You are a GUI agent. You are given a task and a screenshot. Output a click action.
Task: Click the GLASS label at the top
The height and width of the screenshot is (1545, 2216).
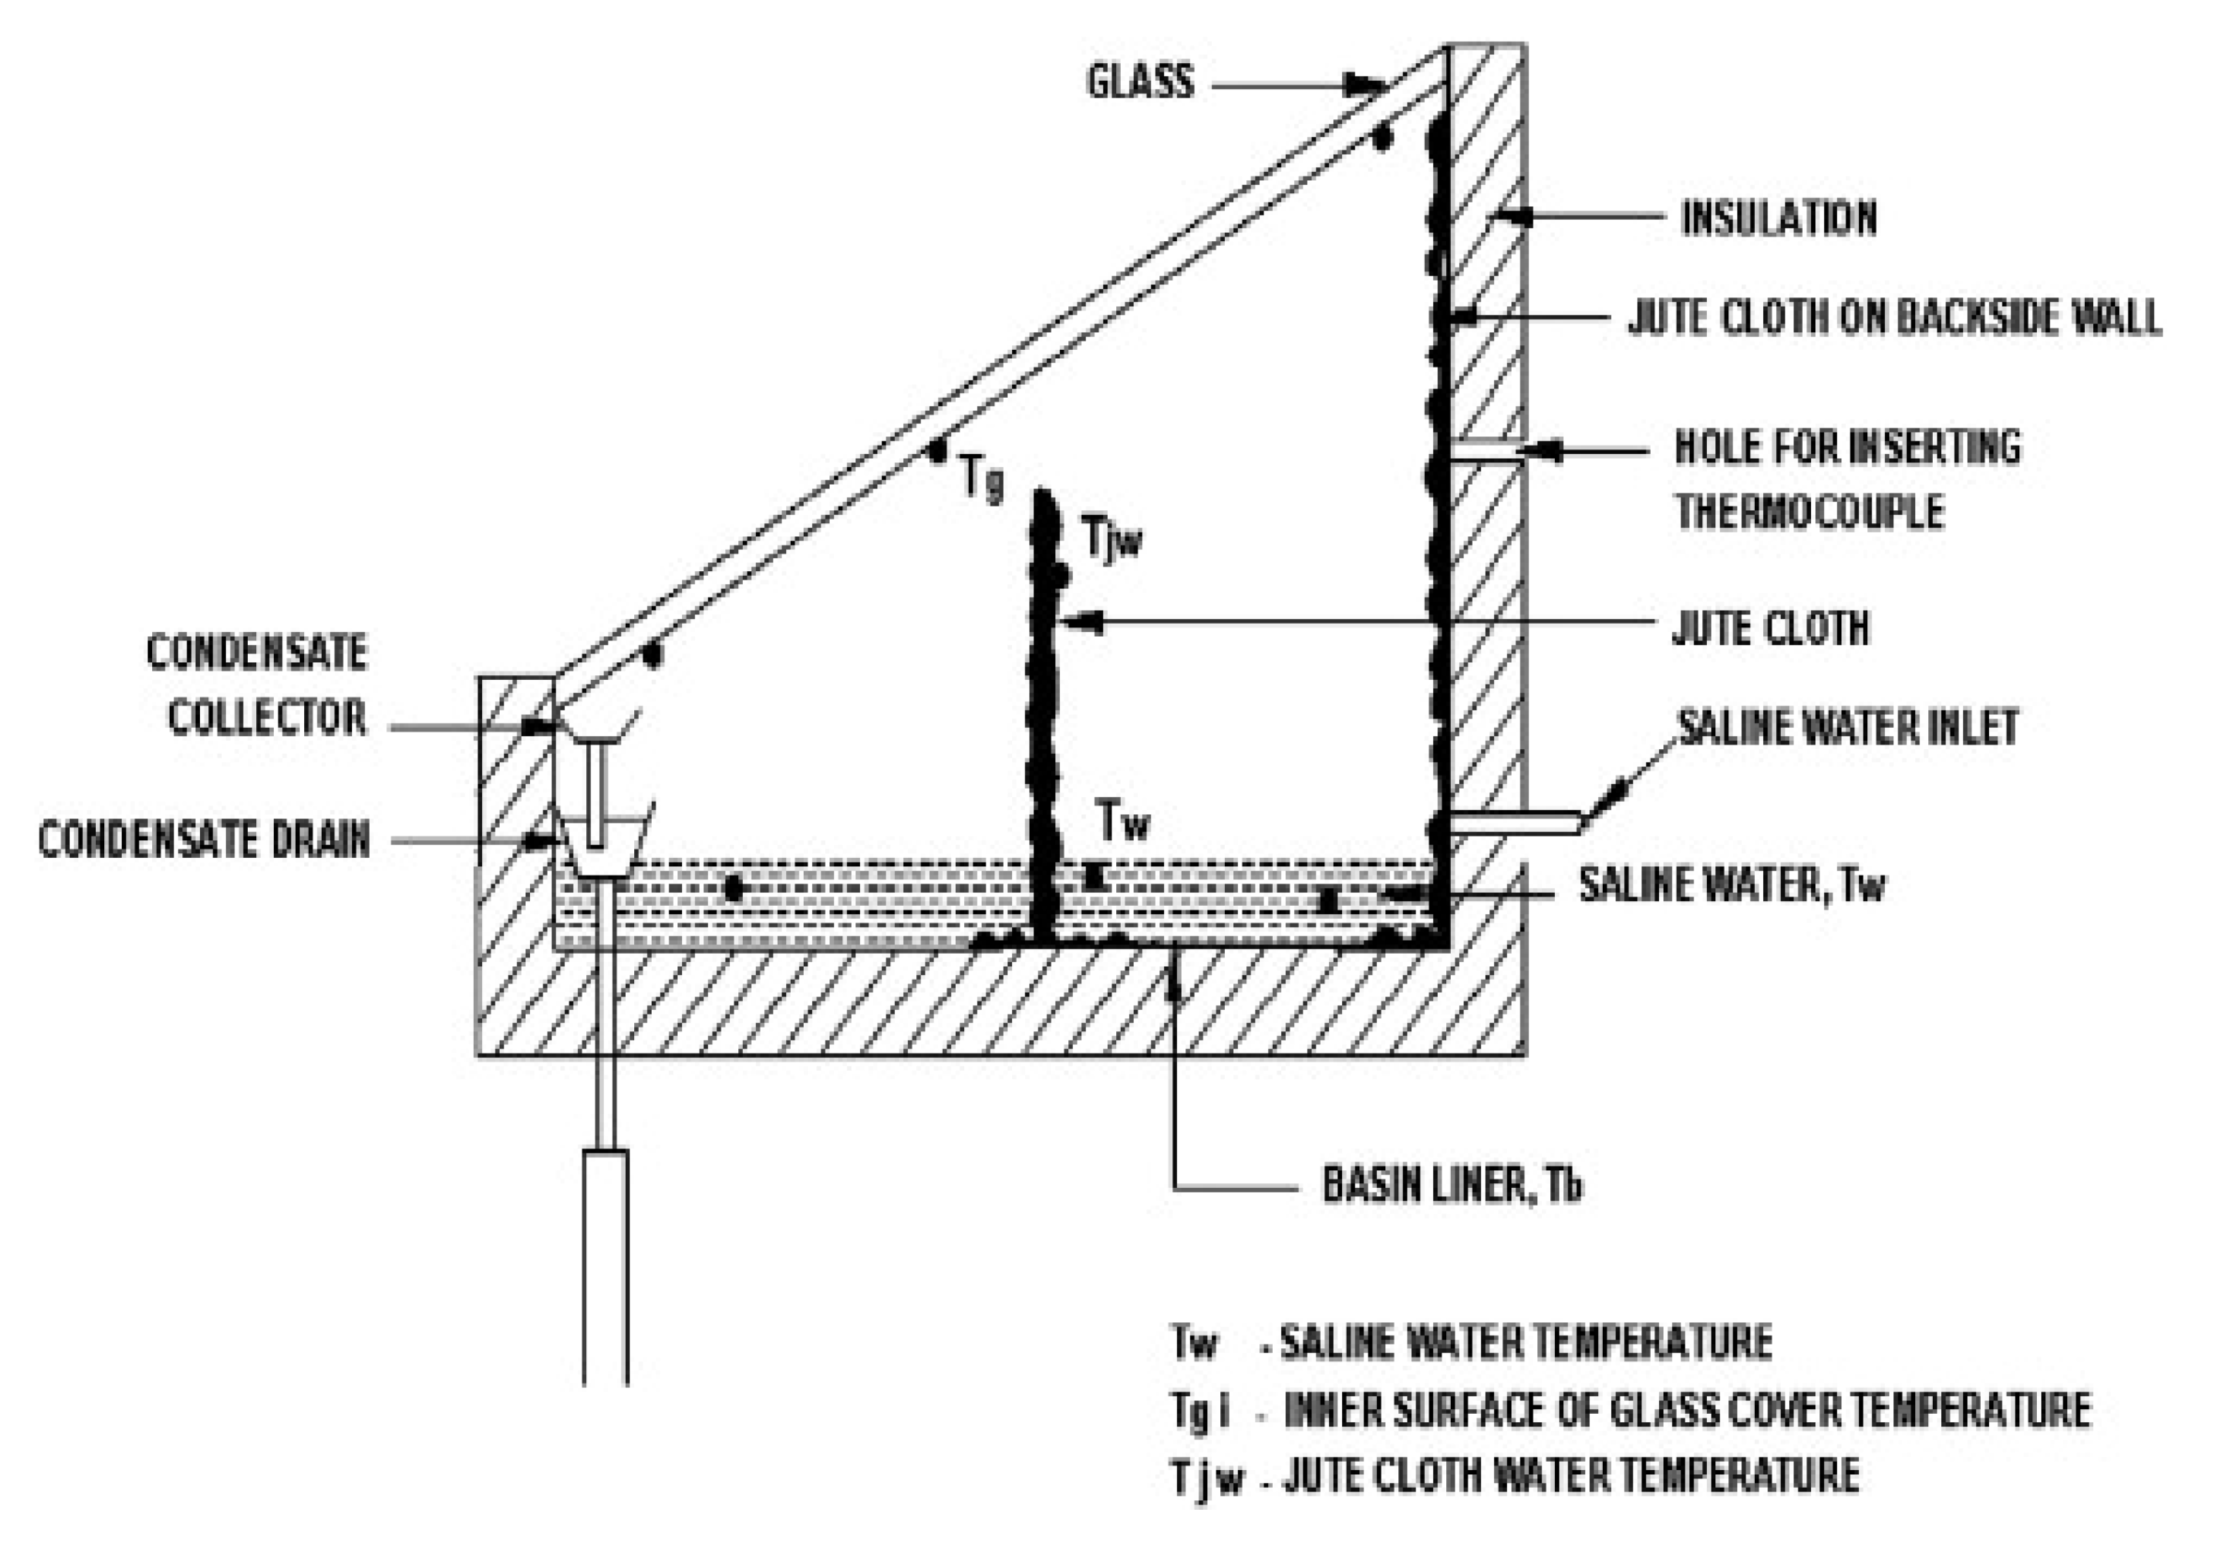pyautogui.click(x=1140, y=82)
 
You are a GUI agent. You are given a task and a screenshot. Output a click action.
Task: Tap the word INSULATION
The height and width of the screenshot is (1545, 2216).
pyautogui.click(x=1779, y=218)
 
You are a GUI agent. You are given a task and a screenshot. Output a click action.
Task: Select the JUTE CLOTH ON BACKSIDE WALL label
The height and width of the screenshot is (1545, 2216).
pyautogui.click(x=1893, y=317)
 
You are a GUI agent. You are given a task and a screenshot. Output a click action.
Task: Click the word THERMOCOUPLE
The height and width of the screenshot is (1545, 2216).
pyautogui.click(x=1810, y=512)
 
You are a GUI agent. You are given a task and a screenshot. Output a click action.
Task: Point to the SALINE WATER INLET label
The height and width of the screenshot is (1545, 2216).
pyautogui.click(x=1847, y=728)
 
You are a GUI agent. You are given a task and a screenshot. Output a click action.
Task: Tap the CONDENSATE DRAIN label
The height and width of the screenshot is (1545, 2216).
pyautogui.click(x=204, y=839)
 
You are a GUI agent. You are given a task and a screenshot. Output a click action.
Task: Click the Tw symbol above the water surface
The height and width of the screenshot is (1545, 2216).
pyautogui.click(x=1123, y=822)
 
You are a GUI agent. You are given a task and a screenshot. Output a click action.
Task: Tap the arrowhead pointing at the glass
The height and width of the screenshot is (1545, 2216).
pyautogui.click(x=1366, y=85)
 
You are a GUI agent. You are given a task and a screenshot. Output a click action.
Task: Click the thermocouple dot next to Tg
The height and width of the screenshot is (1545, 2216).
pyautogui.click(x=936, y=450)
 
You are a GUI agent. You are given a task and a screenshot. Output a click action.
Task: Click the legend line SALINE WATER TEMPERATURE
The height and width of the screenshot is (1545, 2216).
pyautogui.click(x=1526, y=1342)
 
